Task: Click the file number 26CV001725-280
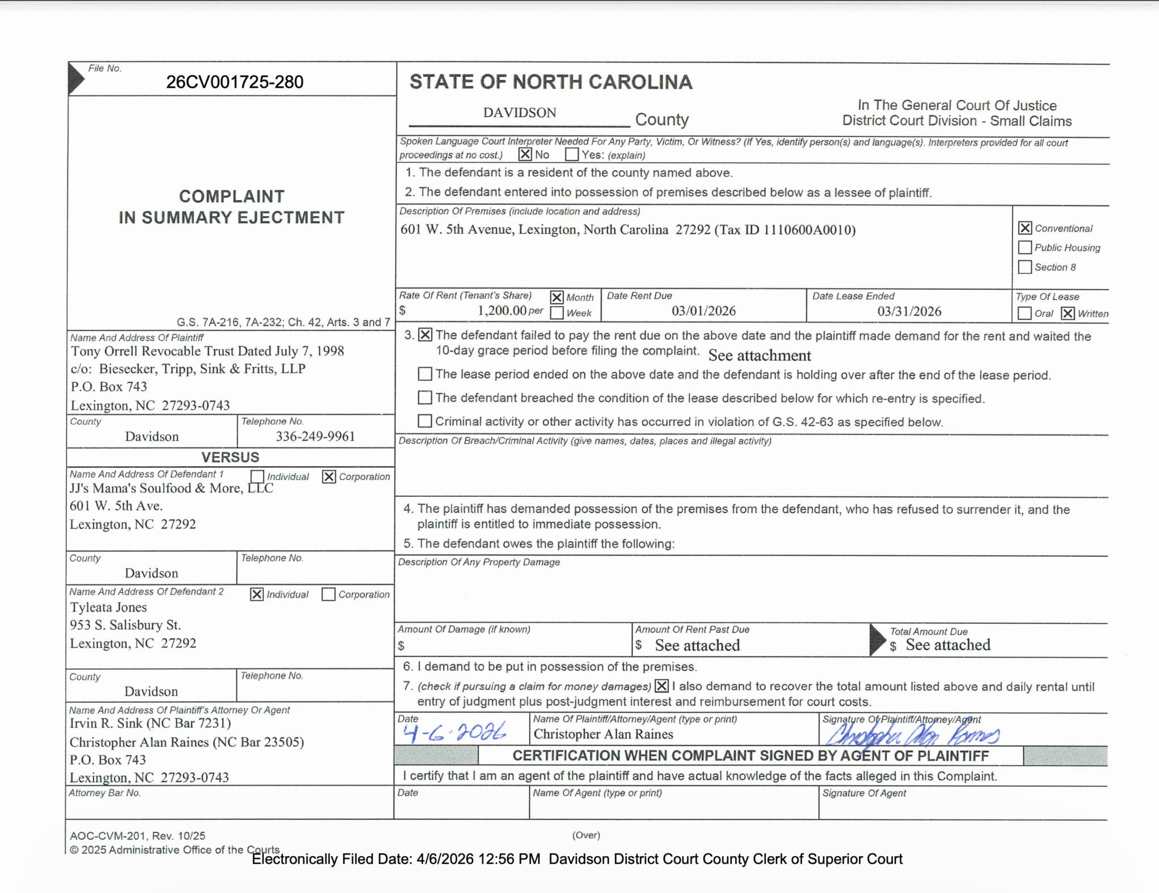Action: pos(234,82)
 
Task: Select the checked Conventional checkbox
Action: pos(1025,228)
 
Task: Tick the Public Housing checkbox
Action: pos(1025,247)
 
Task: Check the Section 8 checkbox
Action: pos(1025,267)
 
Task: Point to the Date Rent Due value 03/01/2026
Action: pos(703,311)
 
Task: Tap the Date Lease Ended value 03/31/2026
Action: pos(909,312)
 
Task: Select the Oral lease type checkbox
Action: pos(1024,314)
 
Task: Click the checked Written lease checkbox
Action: pos(1068,314)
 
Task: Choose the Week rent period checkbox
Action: pos(557,313)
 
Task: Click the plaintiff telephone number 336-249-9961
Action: pos(315,436)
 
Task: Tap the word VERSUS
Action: pos(230,457)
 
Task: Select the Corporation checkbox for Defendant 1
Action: pos(329,476)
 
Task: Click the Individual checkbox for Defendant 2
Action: pos(257,594)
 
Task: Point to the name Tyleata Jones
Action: pos(108,607)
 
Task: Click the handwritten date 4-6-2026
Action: pos(454,733)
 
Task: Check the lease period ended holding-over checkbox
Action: pos(424,374)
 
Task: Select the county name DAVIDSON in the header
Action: pos(520,113)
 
